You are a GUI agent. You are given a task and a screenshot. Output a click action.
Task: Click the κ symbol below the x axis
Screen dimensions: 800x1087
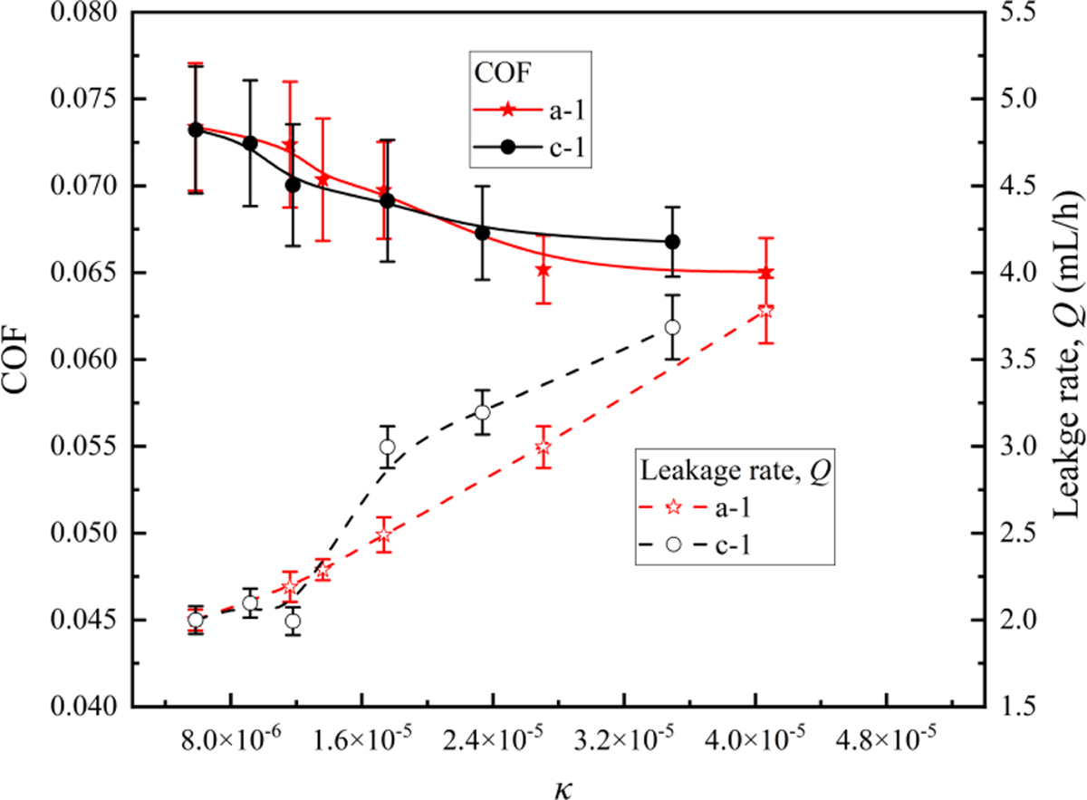558,778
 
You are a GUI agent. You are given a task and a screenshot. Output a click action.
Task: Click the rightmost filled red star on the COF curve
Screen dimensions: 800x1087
765,273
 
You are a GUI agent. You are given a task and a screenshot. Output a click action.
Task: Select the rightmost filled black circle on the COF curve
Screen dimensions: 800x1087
672,242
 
